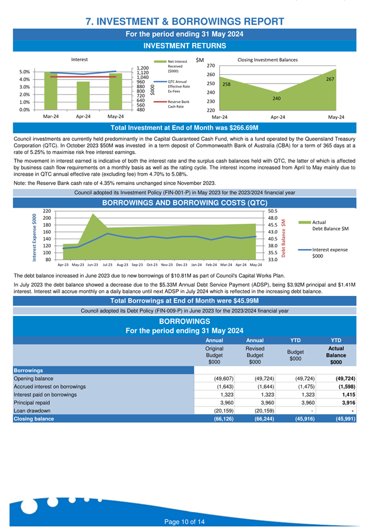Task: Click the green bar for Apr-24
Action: [x=83, y=96]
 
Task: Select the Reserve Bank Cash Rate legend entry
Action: [x=172, y=104]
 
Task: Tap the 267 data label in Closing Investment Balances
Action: [x=330, y=79]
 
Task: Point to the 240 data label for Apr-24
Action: [x=277, y=98]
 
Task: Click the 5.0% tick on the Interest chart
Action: [x=25, y=72]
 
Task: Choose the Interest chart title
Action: [x=80, y=60]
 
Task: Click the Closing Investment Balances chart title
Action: [x=268, y=60]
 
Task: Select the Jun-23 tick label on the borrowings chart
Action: [x=93, y=265]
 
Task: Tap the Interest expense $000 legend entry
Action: [x=323, y=253]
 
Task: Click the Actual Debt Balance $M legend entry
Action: [x=324, y=226]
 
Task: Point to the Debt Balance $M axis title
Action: [x=284, y=238]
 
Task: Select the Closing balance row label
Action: [x=34, y=419]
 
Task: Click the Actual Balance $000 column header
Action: [x=336, y=355]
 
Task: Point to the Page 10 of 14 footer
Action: [x=184, y=522]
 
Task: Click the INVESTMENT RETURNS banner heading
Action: [x=184, y=46]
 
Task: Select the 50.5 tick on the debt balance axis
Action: [x=273, y=211]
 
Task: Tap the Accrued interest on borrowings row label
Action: [x=50, y=387]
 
